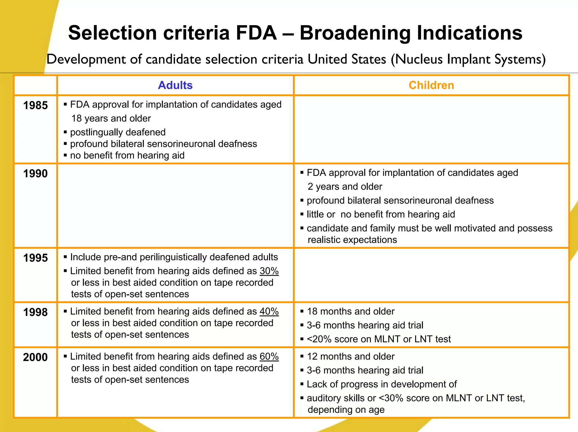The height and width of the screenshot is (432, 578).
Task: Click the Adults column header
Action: pyautogui.click(x=175, y=85)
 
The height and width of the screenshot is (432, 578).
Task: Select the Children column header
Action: pyautogui.click(x=431, y=85)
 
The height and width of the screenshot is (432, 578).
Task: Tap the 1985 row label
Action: pyautogui.click(x=36, y=106)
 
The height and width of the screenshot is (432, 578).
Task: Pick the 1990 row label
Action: pyautogui.click(x=36, y=174)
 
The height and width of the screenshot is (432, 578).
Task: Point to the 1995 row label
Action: pyautogui.click(x=36, y=258)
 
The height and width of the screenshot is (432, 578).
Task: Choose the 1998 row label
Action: pyautogui.click(x=36, y=312)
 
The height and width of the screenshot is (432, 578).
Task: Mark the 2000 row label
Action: pyautogui.click(x=36, y=357)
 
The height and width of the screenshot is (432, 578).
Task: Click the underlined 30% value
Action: pyautogui.click(x=269, y=271)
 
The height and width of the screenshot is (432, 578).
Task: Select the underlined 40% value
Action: pyautogui.click(x=269, y=311)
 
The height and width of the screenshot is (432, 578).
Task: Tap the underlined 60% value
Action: pyautogui.click(x=269, y=356)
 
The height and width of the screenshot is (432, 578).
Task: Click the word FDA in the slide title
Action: pyautogui.click(x=256, y=33)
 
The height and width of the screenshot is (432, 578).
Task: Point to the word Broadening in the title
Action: pyautogui.click(x=355, y=33)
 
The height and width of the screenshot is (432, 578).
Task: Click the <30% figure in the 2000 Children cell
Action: pyautogui.click(x=391, y=398)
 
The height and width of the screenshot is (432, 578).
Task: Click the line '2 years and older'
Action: pyautogui.click(x=345, y=187)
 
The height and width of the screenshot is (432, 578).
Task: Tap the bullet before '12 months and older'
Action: pyautogui.click(x=302, y=356)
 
